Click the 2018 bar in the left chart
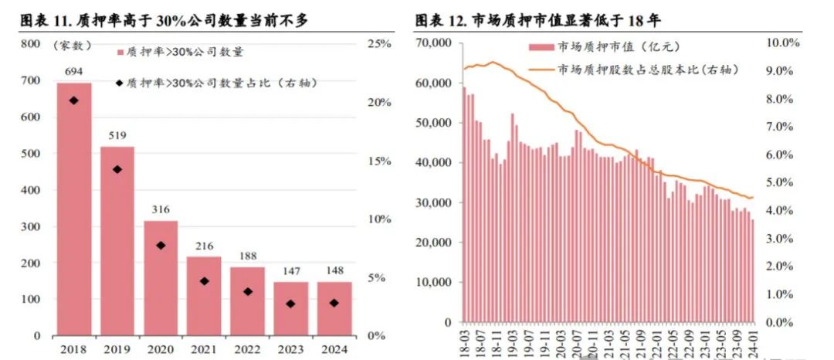(x=74, y=209)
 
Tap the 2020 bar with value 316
(x=161, y=278)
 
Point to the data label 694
(x=74, y=71)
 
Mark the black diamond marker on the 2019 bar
(x=117, y=169)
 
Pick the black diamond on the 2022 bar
(x=247, y=292)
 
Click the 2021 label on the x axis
(x=204, y=348)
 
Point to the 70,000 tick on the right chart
(x=432, y=44)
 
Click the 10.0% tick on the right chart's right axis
(x=784, y=43)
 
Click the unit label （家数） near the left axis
(x=73, y=46)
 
